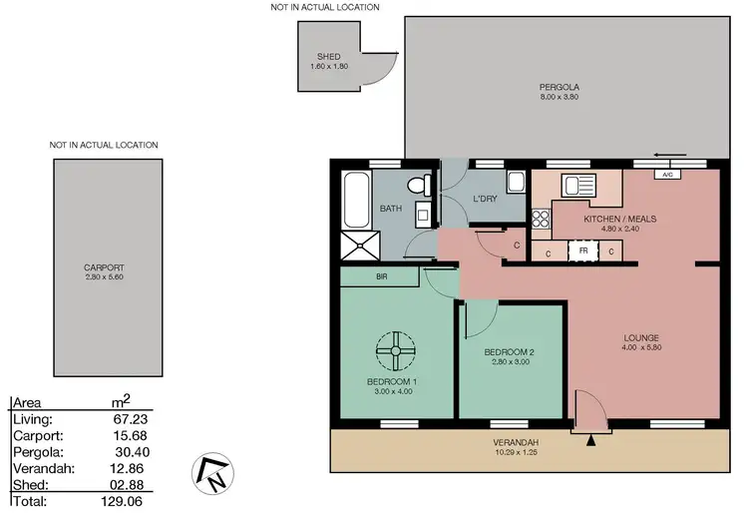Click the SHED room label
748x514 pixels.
(x=329, y=57)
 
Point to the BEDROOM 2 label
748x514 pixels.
(x=510, y=352)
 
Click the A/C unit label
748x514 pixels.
(x=665, y=174)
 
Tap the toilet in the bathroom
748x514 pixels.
(x=419, y=185)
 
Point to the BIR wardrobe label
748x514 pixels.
(x=381, y=276)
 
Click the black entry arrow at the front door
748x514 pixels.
(x=592, y=436)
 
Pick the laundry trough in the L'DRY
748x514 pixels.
(x=516, y=183)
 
